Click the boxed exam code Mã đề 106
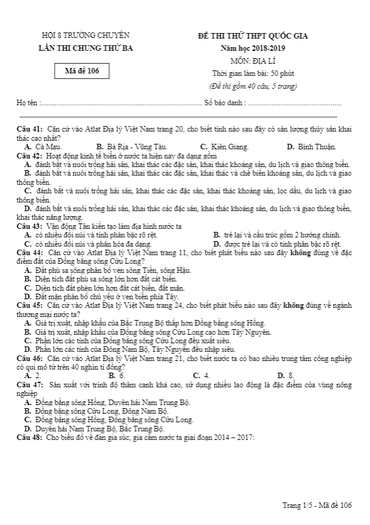coord(86,71)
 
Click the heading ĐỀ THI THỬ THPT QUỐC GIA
coord(253,35)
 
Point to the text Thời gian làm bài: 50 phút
coord(253,73)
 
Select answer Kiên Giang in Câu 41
coord(228,147)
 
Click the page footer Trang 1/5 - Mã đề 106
coord(317,505)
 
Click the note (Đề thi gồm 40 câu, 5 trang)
coord(253,86)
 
